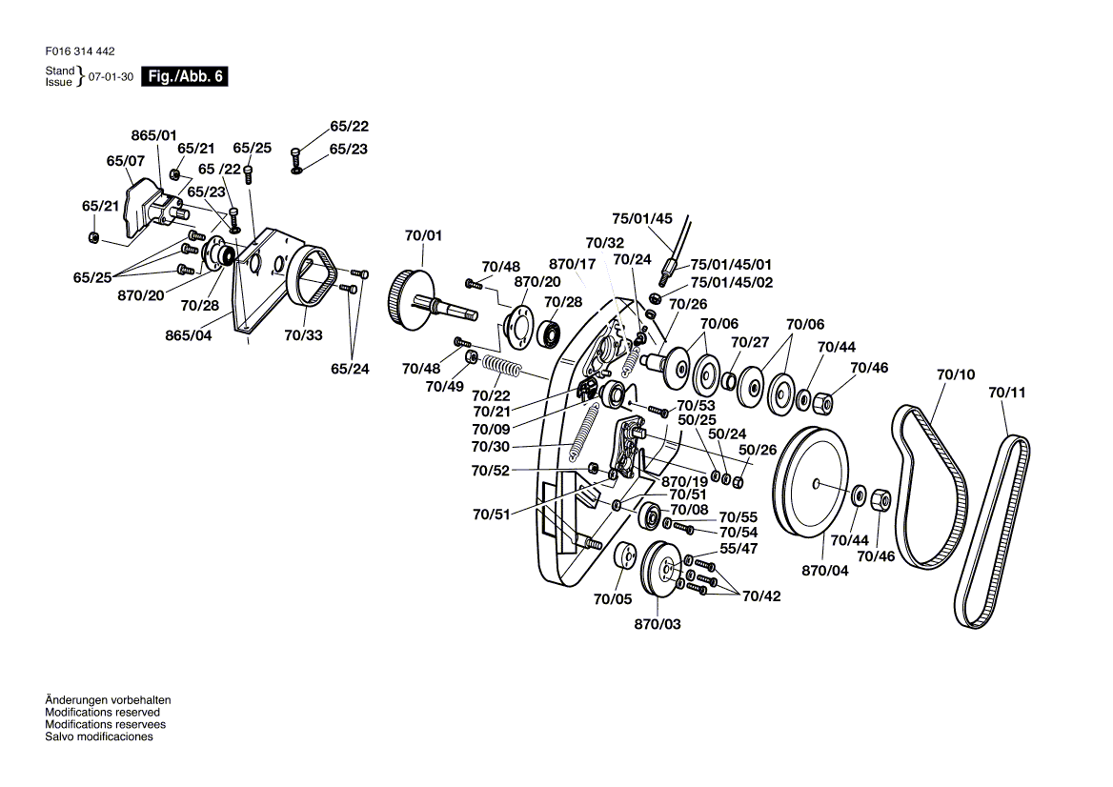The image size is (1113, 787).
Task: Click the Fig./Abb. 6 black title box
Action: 185,76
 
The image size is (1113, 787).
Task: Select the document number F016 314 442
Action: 79,51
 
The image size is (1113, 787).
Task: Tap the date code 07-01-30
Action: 111,76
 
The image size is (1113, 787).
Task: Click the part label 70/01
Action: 423,235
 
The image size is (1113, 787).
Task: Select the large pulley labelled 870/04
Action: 811,484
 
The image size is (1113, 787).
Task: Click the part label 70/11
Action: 1007,392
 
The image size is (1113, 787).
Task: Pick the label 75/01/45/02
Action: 731,282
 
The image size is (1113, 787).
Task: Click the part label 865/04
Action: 188,335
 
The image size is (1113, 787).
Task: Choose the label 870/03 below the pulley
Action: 658,624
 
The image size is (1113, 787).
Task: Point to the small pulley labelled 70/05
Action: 626,555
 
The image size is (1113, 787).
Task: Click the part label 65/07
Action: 125,161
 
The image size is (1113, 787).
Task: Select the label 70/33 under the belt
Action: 303,335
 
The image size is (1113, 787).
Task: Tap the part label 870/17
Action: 572,264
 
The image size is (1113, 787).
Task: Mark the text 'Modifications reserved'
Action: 102,713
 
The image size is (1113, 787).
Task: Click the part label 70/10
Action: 956,374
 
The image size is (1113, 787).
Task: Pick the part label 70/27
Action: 750,342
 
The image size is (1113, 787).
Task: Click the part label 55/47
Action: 739,549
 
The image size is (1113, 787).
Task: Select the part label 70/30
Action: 491,446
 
